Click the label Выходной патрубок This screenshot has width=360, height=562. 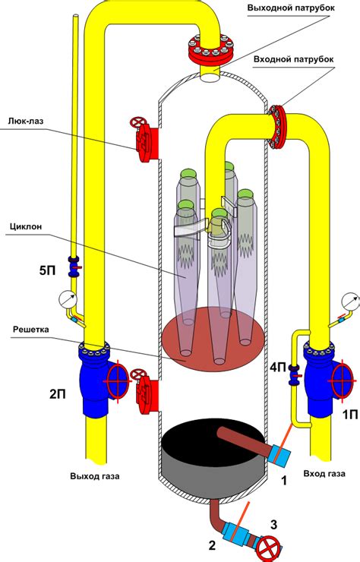(x=291, y=8)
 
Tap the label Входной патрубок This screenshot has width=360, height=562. (x=294, y=59)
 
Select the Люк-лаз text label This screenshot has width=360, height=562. (x=26, y=122)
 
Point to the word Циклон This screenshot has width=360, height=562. (x=26, y=226)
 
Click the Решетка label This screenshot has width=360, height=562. (x=31, y=329)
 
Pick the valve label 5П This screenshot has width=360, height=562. (x=48, y=270)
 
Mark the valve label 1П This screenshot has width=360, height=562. (x=350, y=415)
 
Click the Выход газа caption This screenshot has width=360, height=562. (x=95, y=476)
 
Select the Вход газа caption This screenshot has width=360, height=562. (x=324, y=473)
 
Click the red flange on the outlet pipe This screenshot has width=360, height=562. (x=211, y=50)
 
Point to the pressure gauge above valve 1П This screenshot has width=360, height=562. (x=351, y=302)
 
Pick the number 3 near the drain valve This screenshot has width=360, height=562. (x=273, y=525)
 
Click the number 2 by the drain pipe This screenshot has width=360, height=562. (x=212, y=545)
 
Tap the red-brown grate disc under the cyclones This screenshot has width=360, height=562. (x=213, y=339)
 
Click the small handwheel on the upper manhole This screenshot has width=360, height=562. (x=137, y=122)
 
